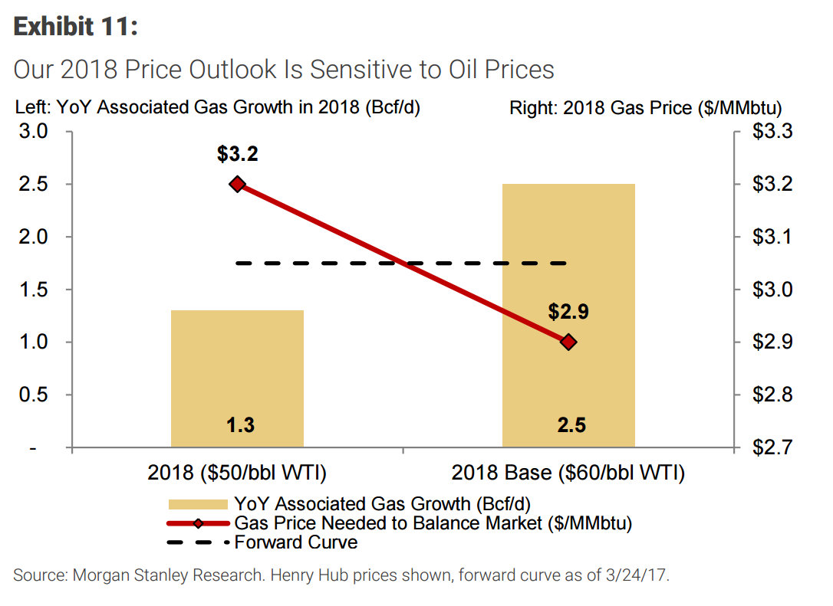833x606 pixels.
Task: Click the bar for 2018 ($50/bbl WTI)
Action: point(237,378)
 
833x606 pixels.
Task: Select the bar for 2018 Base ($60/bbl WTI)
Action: point(568,315)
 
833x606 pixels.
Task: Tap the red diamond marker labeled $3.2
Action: point(238,184)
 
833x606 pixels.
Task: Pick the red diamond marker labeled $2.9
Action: point(568,342)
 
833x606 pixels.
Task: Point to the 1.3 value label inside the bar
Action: point(240,425)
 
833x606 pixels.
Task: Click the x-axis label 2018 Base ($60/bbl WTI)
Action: point(568,473)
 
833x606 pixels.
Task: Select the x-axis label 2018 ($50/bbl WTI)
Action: point(237,473)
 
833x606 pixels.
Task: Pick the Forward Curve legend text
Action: point(296,542)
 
